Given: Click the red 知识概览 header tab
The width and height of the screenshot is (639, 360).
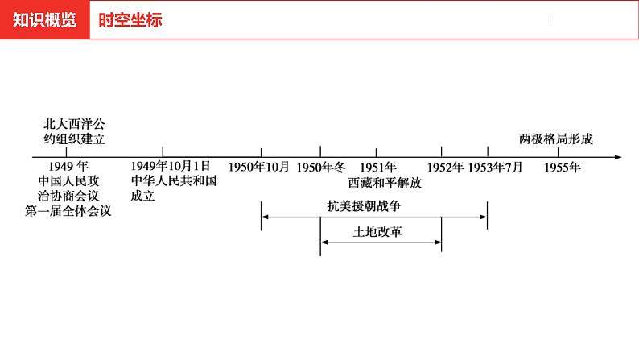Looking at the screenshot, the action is pyautogui.click(x=45, y=20).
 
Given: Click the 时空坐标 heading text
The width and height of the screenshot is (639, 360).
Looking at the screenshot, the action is pyautogui.click(x=130, y=20).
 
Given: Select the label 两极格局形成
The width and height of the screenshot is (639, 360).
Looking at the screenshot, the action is pyautogui.click(x=556, y=139).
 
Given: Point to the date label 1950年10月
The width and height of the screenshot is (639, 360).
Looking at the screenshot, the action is pyautogui.click(x=258, y=168).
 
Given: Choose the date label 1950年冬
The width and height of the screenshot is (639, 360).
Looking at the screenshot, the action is pyautogui.click(x=321, y=168).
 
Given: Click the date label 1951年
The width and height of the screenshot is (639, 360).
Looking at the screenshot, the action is pyautogui.click(x=378, y=168).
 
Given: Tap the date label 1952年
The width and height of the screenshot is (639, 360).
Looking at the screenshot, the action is pyautogui.click(x=445, y=168).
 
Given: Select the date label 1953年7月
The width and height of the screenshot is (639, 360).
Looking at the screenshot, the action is pyautogui.click(x=495, y=168).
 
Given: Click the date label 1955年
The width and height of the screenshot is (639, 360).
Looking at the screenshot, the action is pyautogui.click(x=563, y=168).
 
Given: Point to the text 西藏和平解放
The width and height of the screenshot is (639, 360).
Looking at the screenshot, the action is pyautogui.click(x=385, y=183).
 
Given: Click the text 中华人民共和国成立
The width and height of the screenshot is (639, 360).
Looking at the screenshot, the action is pyautogui.click(x=174, y=188).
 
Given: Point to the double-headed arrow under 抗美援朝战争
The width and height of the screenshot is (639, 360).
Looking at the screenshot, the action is pyautogui.click(x=374, y=216).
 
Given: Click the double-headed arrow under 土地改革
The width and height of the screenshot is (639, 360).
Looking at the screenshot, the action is pyautogui.click(x=381, y=242).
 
